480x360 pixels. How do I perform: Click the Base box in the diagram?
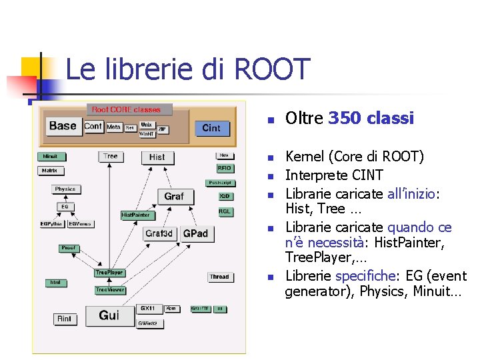pyautogui.click(x=63, y=126)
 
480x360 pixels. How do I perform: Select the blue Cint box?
pyautogui.click(x=211, y=128)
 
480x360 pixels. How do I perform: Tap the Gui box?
pyautogui.click(x=109, y=315)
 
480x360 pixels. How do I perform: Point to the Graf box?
pyautogui.click(x=174, y=196)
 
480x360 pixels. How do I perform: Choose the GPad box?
pyautogui.click(x=195, y=234)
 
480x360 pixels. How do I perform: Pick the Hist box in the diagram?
pyautogui.click(x=157, y=157)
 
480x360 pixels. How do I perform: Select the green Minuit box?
pyautogui.click(x=51, y=157)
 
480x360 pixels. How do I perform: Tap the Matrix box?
pyautogui.click(x=49, y=171)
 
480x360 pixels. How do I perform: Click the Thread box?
pyautogui.click(x=219, y=277)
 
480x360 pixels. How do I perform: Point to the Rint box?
pyautogui.click(x=64, y=319)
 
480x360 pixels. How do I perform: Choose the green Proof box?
pyautogui.click(x=69, y=248)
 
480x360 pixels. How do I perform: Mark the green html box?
pyautogui.click(x=55, y=283)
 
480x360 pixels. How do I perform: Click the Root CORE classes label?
pyautogui.click(x=126, y=109)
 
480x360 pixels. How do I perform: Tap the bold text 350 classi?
pyautogui.click(x=371, y=119)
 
